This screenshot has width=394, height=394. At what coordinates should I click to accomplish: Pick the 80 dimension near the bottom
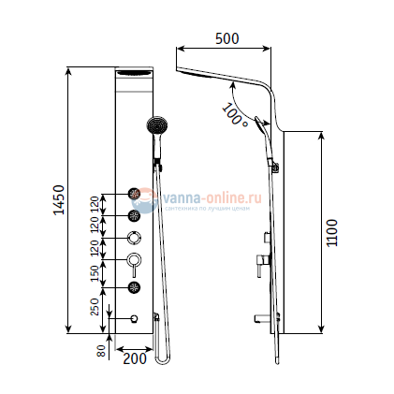[101, 352]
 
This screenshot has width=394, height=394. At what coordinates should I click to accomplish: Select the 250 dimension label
[94, 306]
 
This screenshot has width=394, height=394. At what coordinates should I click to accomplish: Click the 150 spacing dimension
[94, 272]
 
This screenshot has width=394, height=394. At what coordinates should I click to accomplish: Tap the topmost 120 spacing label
[94, 205]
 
